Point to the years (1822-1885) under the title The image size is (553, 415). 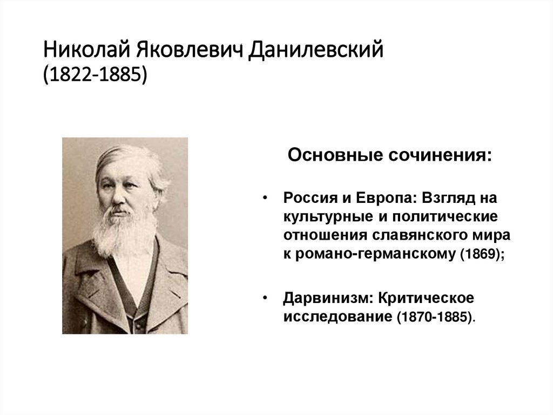coord(95,75)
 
